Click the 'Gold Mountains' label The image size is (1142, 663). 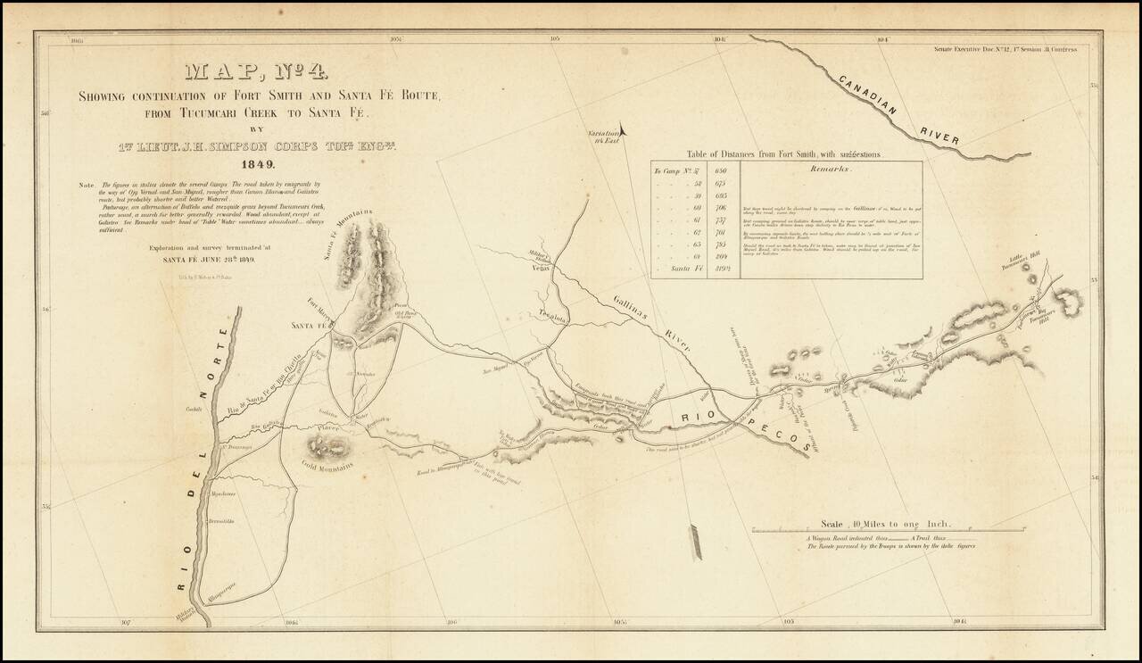click(328, 464)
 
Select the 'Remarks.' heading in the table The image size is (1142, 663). click(832, 169)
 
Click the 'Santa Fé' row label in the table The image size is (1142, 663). click(675, 269)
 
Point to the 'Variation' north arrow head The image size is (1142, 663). click(624, 128)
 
